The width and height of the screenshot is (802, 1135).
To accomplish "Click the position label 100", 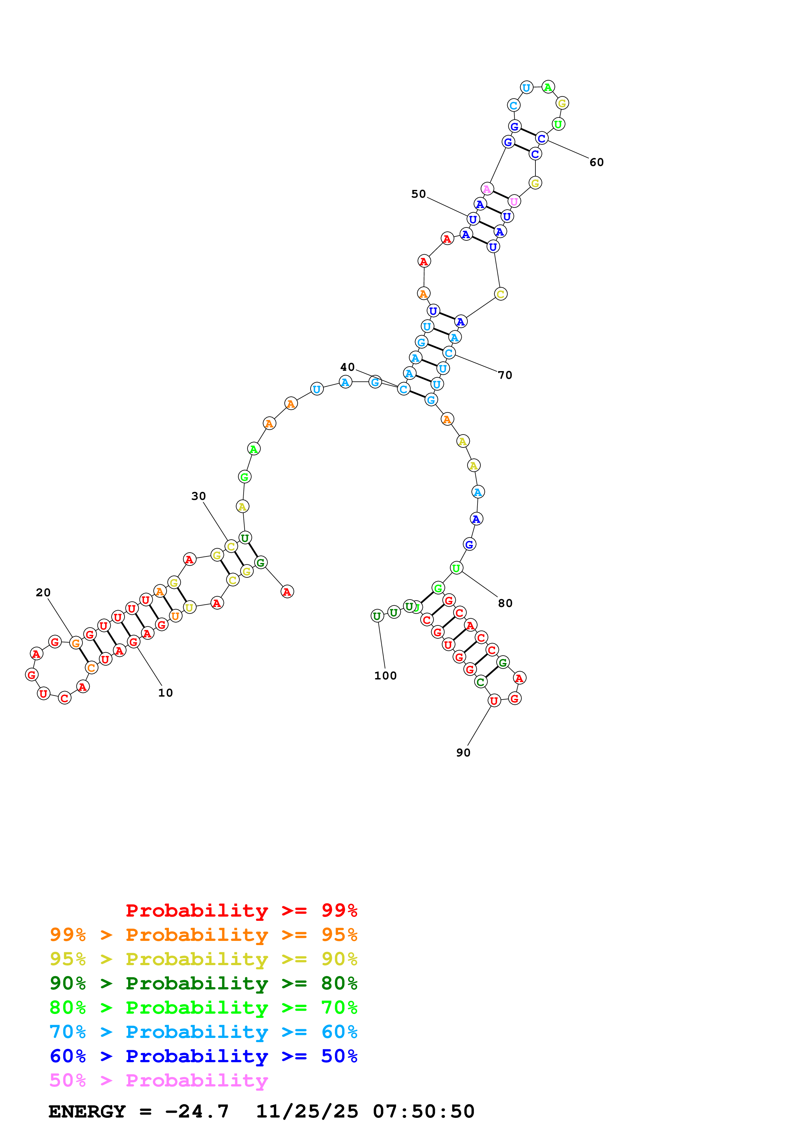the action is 385,676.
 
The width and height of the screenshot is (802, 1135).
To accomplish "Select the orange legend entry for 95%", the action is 203,934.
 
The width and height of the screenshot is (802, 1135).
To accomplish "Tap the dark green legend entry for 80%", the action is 203,983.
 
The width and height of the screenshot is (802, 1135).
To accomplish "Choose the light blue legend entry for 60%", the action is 203,1032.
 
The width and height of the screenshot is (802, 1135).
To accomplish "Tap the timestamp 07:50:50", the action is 423,1111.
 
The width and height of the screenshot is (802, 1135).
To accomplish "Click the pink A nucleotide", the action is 487,189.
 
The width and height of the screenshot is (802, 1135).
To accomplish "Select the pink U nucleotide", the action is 514,201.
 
